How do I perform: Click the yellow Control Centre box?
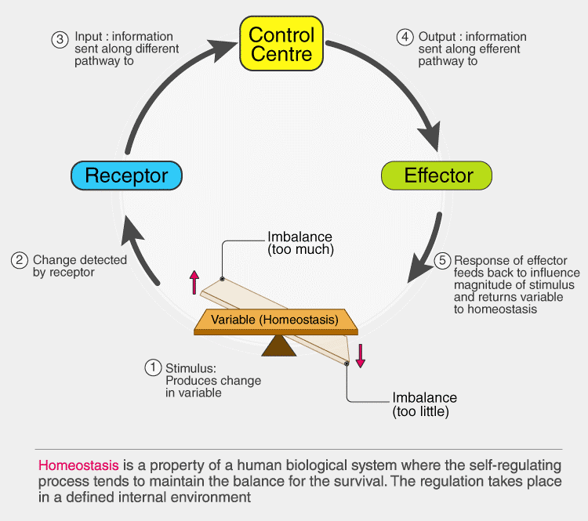(281, 45)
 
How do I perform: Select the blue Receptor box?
(126, 175)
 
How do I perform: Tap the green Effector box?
(437, 175)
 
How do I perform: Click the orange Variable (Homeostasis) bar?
(274, 320)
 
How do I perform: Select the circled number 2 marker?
(20, 261)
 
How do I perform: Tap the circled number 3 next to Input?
(61, 38)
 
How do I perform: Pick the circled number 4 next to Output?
(405, 38)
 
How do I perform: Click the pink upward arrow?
(194, 281)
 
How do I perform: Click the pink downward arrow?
(361, 353)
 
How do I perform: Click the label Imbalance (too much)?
(301, 244)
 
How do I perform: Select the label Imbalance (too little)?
(424, 404)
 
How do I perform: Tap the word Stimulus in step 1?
(189, 367)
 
